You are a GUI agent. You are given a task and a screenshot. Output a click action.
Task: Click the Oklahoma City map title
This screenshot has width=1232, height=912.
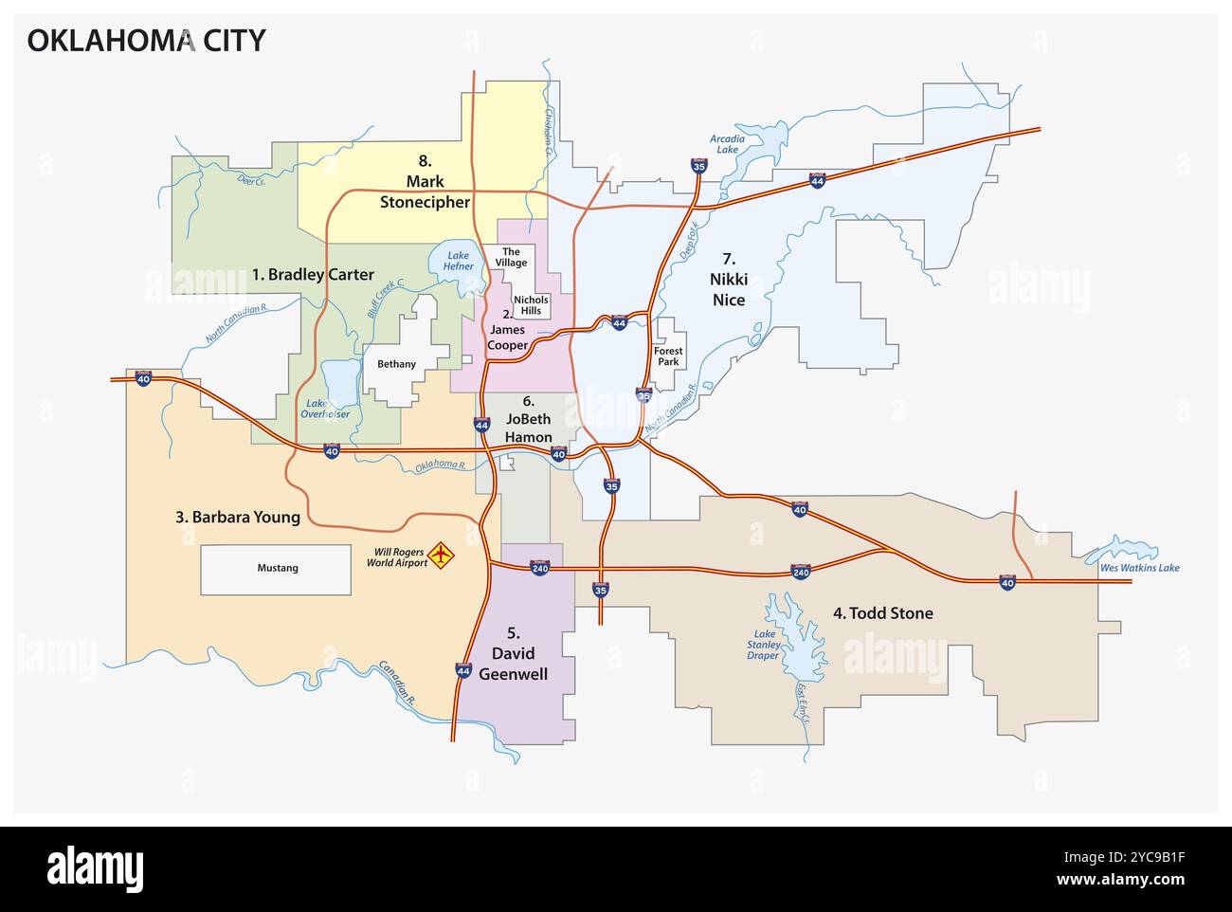145,41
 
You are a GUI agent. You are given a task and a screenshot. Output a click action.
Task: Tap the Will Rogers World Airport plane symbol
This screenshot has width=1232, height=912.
442,555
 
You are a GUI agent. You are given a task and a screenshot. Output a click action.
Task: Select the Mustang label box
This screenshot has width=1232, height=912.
277,569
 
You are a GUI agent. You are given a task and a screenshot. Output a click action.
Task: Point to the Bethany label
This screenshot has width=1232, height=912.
396,364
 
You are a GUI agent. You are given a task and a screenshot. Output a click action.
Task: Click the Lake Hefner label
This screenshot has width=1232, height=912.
459,261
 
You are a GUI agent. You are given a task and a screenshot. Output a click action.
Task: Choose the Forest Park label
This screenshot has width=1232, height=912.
668,356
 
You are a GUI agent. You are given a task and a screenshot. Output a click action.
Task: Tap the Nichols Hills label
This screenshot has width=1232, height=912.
532,305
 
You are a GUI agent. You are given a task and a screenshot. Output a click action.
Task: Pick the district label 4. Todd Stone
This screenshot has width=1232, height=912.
882,613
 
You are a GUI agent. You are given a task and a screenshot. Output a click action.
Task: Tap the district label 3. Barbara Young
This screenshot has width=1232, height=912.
237,518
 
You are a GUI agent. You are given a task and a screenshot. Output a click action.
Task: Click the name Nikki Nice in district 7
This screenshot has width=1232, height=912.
728,290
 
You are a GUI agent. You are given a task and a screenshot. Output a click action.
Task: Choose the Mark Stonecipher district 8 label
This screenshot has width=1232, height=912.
425,191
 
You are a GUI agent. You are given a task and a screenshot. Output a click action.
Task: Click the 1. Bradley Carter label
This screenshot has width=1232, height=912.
313,275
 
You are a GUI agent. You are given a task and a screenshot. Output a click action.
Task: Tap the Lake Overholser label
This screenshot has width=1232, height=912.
325,409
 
